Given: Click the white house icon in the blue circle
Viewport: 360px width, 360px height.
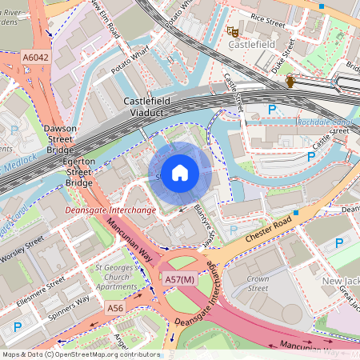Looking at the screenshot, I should click(x=180, y=172).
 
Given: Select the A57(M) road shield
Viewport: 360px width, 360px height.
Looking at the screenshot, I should click(x=179, y=279).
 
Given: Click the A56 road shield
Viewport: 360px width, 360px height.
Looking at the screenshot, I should click(x=115, y=307).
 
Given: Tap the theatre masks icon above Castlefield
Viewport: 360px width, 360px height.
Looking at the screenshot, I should click(x=234, y=31).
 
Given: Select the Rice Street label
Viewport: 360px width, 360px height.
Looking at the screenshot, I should click(x=267, y=16).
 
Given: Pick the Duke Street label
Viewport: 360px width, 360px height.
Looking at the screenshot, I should click(x=282, y=60).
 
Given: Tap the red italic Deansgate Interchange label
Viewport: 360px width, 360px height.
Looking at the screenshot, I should click(x=110, y=210).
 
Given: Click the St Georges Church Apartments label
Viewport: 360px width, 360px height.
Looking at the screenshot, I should click(x=116, y=277).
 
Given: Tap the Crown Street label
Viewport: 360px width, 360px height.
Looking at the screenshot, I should click(x=258, y=283).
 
